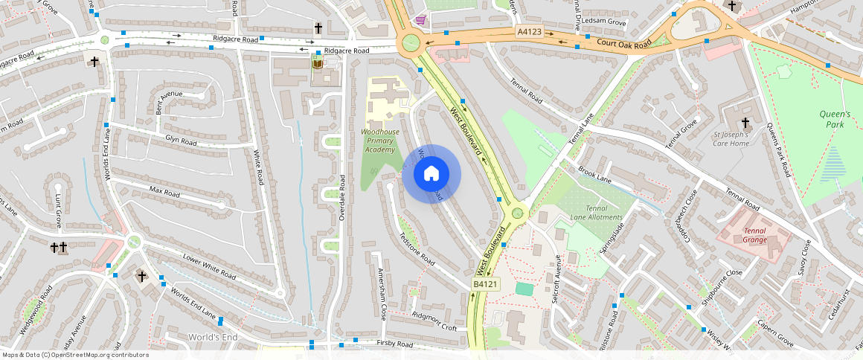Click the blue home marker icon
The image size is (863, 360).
(x=431, y=174)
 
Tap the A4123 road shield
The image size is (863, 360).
(x=529, y=32)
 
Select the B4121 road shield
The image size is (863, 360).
(x=484, y=284)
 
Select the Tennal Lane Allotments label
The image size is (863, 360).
(x=604, y=213)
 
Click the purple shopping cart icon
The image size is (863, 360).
(x=420, y=19)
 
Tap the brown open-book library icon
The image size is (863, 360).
(x=318, y=64)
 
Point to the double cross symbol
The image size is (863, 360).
(x=58, y=246)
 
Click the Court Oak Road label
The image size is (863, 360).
(x=623, y=42)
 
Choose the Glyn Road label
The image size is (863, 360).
(x=181, y=141)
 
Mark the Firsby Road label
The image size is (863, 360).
(x=394, y=344)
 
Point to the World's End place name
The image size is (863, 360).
(x=213, y=338)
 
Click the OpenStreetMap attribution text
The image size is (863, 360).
(x=75, y=355)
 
